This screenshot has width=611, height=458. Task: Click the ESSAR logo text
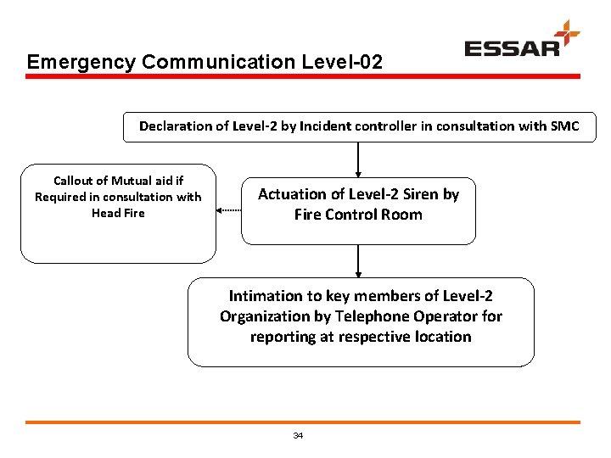click(512, 47)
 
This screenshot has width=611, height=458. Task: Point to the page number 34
click(298, 435)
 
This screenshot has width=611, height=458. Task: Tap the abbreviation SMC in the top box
click(563, 126)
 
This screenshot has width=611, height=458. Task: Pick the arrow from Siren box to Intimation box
click(359, 261)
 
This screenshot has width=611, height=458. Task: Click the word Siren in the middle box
click(421, 194)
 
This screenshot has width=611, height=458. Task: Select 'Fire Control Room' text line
click(358, 215)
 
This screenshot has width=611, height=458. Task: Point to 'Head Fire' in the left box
click(118, 213)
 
